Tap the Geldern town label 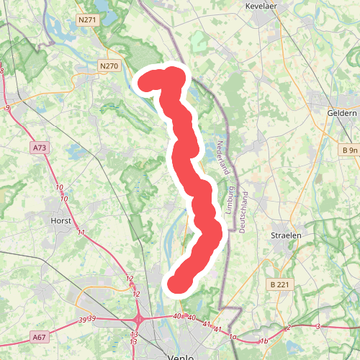pos(342,113)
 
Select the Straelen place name pos(285,235)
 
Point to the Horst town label pos(60,220)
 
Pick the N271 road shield pos(87,22)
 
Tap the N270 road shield pos(109,66)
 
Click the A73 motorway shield pos(39,148)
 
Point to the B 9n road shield pos(349,150)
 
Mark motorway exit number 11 pos(81,233)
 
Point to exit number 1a pos(233,336)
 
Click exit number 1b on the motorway pos(264,341)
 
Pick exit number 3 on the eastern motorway pos(318,326)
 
